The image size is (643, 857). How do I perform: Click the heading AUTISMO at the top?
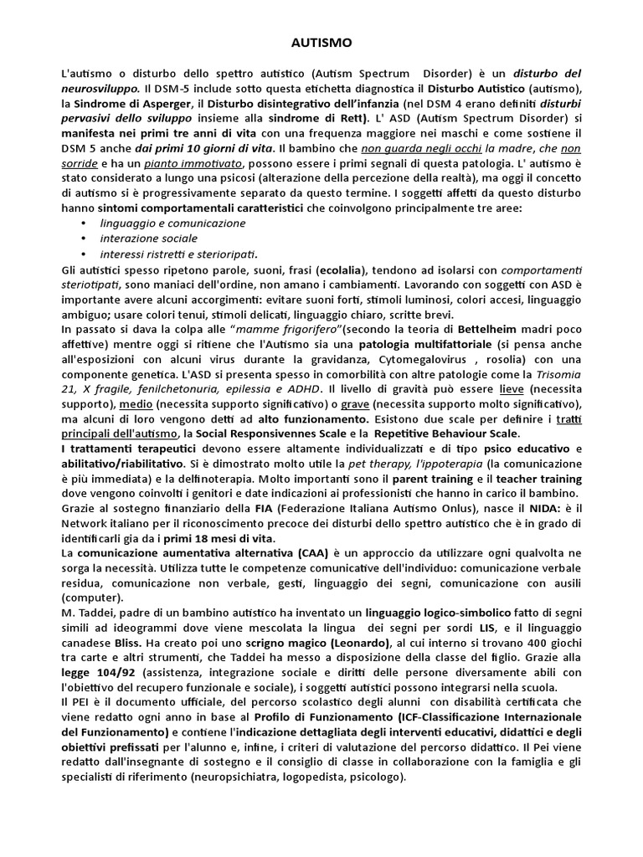tap(321, 41)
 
